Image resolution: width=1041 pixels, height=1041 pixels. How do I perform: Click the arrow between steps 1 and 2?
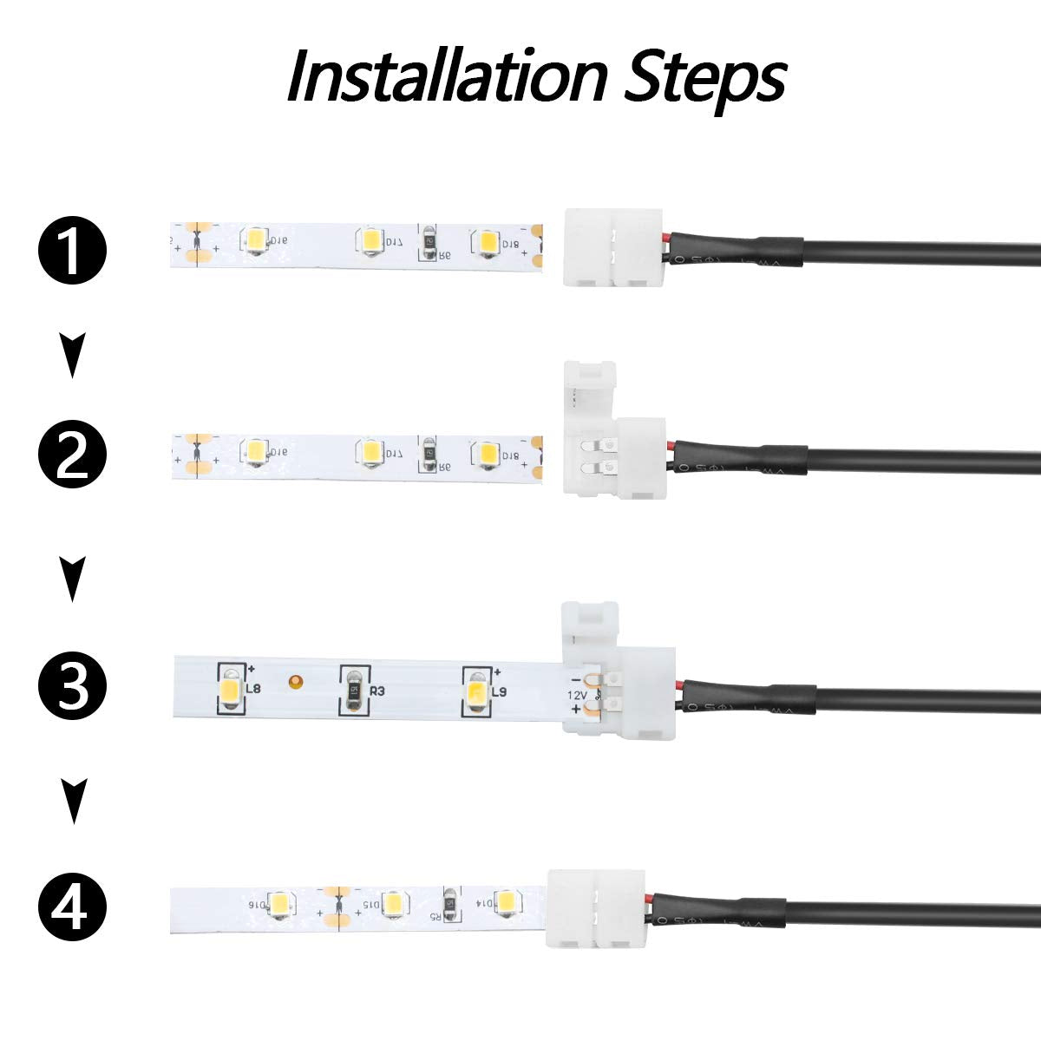pyautogui.click(x=73, y=357)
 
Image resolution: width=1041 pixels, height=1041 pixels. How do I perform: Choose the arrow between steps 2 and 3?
pyautogui.click(x=73, y=579)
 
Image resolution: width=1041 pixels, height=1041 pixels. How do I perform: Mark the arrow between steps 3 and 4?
pyautogui.click(x=73, y=801)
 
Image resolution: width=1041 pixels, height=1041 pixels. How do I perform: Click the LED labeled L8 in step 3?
pyautogui.click(x=230, y=691)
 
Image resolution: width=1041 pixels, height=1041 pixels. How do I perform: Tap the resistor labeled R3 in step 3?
pyautogui.click(x=352, y=692)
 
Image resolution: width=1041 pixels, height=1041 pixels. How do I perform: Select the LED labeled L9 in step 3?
pyautogui.click(x=475, y=692)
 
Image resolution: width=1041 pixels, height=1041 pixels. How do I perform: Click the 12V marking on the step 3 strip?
pyautogui.click(x=577, y=695)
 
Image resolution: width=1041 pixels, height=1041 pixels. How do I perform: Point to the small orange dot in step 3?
pyautogui.click(x=296, y=680)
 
